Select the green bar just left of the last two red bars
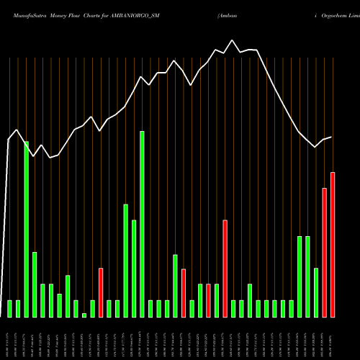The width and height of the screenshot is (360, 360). [316, 292]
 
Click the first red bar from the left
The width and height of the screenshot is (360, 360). [101, 292]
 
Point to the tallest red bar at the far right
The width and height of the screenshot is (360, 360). [333, 245]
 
